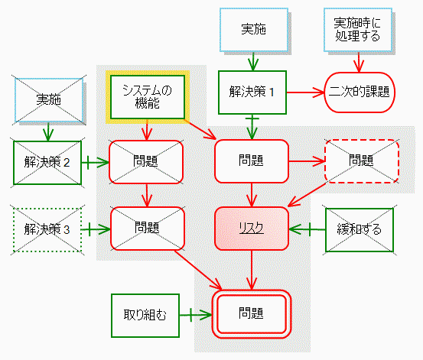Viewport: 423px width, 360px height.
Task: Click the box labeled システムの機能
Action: [x=148, y=97]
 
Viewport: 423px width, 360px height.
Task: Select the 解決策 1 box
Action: [x=252, y=92]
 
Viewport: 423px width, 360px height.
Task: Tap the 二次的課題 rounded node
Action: [x=359, y=92]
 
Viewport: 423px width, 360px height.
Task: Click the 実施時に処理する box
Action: [x=358, y=30]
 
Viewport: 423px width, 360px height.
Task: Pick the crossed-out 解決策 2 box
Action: [x=47, y=163]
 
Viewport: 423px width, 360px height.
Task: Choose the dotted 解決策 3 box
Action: [x=47, y=230]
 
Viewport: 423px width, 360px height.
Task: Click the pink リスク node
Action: [x=252, y=229]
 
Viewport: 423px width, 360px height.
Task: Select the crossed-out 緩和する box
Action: [x=360, y=230]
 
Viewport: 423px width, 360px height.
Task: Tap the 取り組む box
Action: [x=145, y=316]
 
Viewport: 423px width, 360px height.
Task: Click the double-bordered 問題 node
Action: [x=252, y=314]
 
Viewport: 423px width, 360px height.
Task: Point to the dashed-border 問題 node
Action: [x=362, y=161]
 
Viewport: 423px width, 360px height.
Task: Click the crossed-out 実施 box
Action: [x=49, y=100]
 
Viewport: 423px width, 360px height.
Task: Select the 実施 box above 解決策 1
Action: [x=254, y=30]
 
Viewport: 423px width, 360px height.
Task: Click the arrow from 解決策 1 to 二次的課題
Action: [x=305, y=92]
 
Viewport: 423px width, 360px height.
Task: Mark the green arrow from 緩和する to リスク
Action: [x=307, y=230]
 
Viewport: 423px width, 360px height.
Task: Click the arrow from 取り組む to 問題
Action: [x=196, y=315]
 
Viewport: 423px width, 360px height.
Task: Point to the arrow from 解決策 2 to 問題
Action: [x=96, y=163]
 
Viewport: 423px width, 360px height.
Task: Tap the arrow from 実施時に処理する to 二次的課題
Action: [x=359, y=62]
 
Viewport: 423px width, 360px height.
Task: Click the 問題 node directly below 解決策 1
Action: [x=252, y=161]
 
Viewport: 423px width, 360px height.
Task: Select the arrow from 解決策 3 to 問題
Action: [x=96, y=230]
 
